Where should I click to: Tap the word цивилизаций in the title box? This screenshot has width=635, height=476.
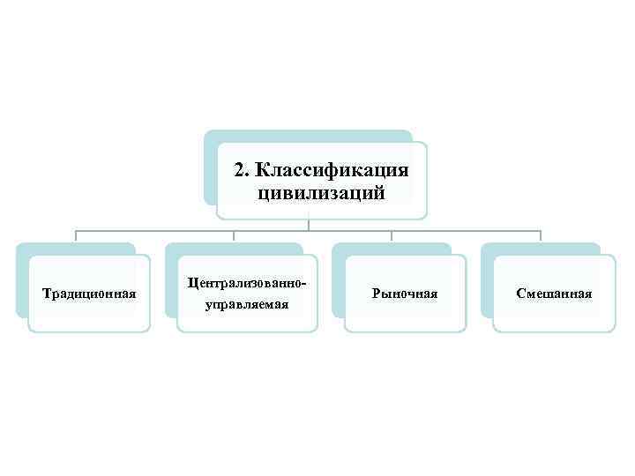click(322, 192)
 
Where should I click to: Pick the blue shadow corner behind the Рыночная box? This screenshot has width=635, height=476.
click(338, 249)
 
